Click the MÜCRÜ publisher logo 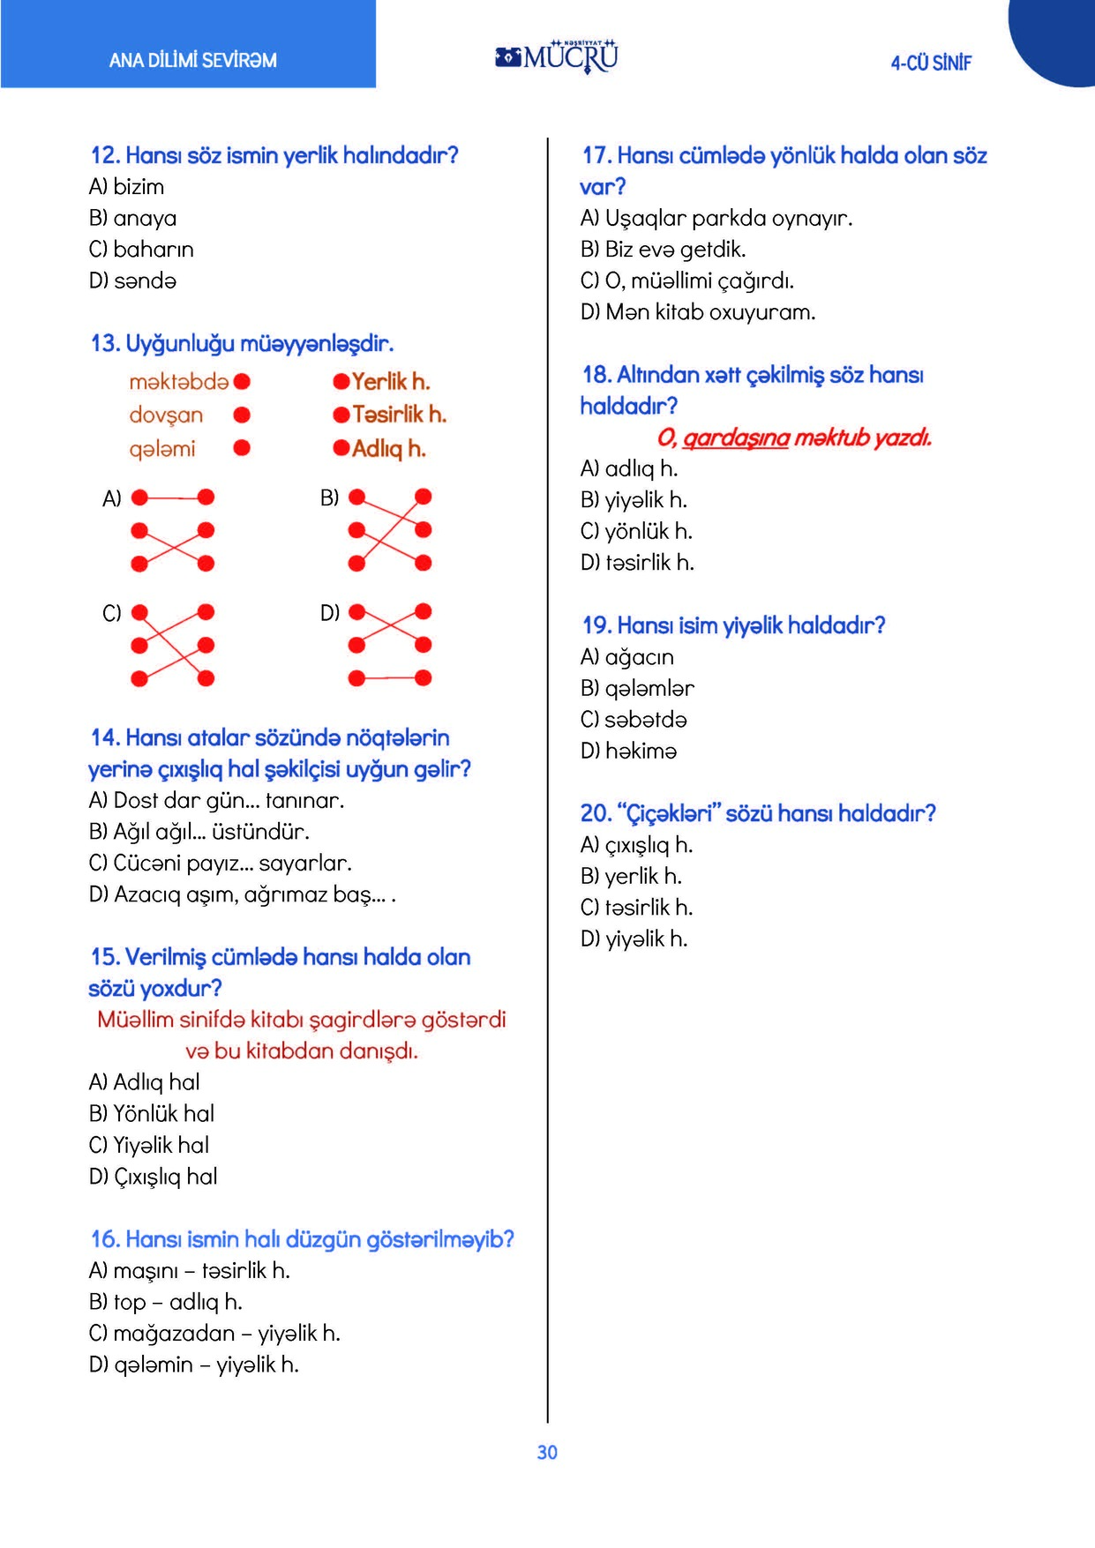tap(558, 56)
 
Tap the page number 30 tap(547, 1452)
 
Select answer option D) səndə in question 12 tap(133, 280)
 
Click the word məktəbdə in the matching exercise tap(178, 382)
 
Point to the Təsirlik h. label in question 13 tap(399, 415)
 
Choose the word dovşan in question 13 tap(166, 415)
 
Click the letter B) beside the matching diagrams tap(329, 498)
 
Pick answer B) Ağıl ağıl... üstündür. tap(199, 832)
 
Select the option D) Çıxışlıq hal tap(154, 1177)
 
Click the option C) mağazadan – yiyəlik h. tap(214, 1333)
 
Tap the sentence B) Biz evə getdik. tap(663, 250)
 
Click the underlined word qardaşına tap(736, 437)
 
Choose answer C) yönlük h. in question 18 tap(636, 531)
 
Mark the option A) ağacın tap(627, 657)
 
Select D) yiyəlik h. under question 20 tap(634, 939)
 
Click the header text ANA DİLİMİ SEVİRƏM tap(192, 61)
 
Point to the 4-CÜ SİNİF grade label tap(931, 63)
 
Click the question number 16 tap(105, 1239)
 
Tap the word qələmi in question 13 tap(162, 449)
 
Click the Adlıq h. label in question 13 tap(388, 449)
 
